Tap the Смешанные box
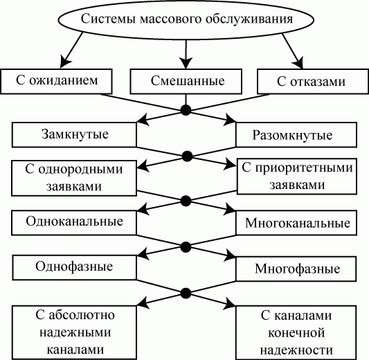click(187, 82)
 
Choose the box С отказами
click(310, 82)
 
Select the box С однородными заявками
click(74, 177)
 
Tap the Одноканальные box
click(74, 222)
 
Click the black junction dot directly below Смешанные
click(185, 109)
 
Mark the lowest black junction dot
click(185, 291)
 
